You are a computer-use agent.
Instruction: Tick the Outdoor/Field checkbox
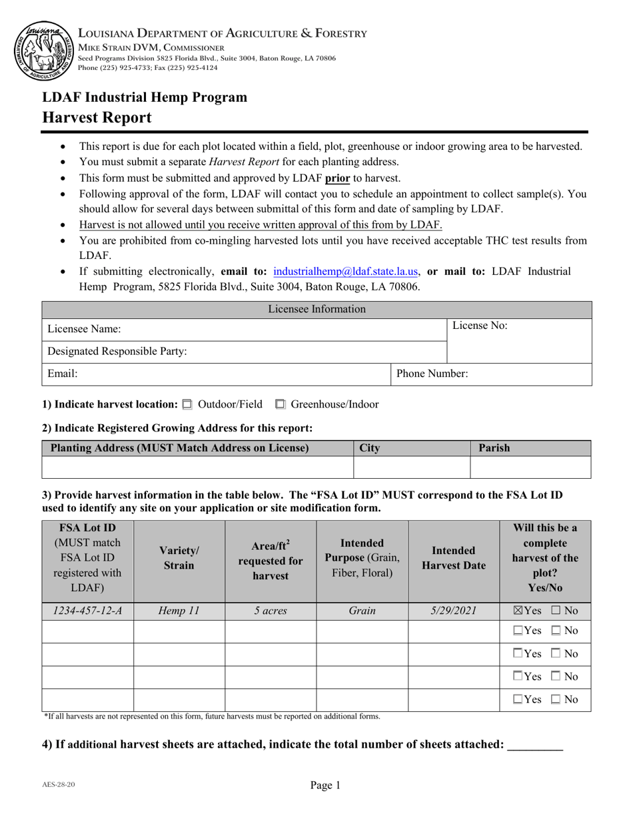pyautogui.click(x=187, y=404)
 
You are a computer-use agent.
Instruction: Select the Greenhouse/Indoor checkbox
pyautogui.click(x=280, y=404)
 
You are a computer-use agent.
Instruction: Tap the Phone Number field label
pyautogui.click(x=432, y=374)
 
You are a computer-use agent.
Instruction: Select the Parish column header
pyautogui.click(x=494, y=448)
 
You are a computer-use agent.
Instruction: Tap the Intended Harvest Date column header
pyautogui.click(x=453, y=558)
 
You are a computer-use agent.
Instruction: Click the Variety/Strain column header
pyautogui.click(x=179, y=558)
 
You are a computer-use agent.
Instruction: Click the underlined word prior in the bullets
pyautogui.click(x=337, y=178)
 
